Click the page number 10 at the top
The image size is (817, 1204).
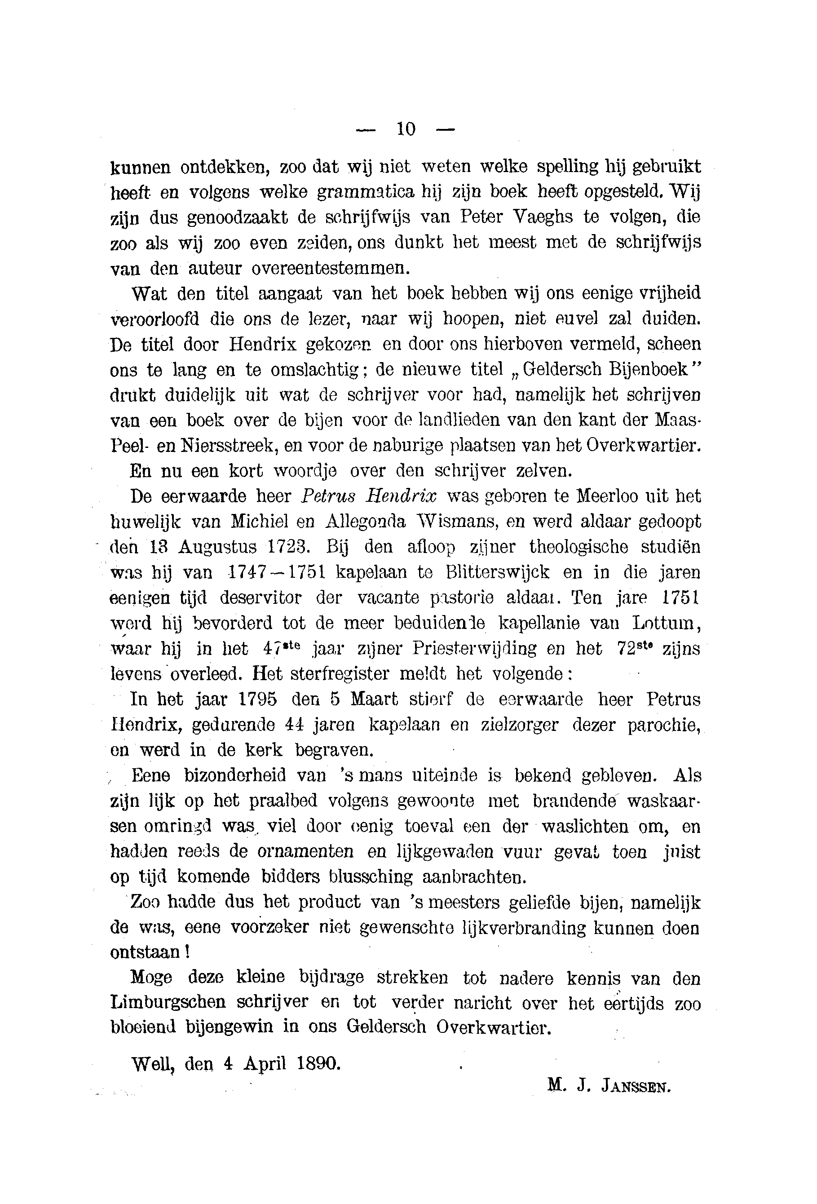(x=406, y=128)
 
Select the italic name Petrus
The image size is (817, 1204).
(x=328, y=496)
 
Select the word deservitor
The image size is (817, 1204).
(x=261, y=598)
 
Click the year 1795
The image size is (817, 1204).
(x=257, y=699)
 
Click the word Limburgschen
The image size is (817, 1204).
(x=168, y=1004)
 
